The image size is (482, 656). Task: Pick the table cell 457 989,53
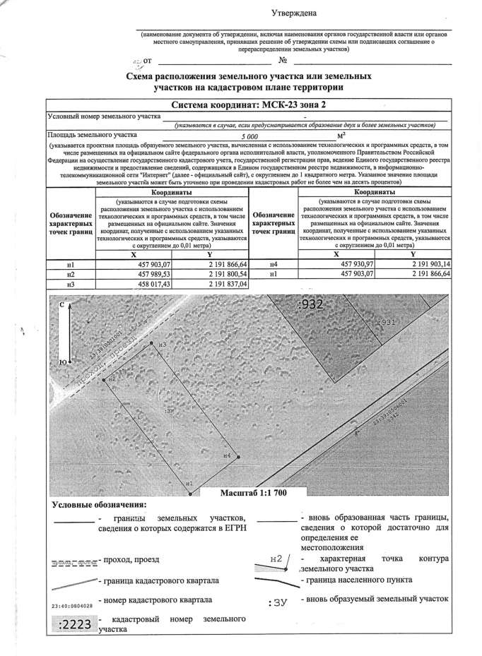[142, 274]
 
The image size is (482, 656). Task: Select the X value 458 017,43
[142, 284]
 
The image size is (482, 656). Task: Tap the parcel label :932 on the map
[311, 306]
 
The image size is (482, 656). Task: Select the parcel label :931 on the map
[384, 321]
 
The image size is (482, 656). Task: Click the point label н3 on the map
[162, 345]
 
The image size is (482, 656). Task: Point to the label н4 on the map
[227, 456]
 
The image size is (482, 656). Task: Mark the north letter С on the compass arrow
[62, 304]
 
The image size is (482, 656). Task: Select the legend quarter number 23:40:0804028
[74, 605]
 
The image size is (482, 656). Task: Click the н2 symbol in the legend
[277, 559]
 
